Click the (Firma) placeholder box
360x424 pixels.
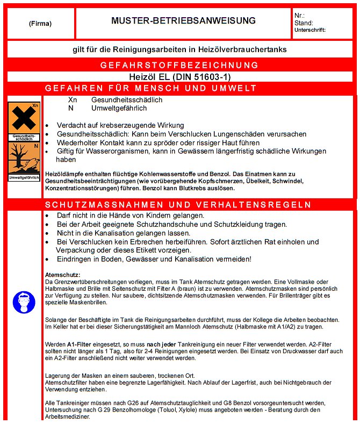pos(40,23)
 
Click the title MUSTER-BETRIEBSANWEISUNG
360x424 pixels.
pos(183,21)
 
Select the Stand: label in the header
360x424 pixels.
pos(304,23)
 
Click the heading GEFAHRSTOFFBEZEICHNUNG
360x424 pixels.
pos(179,66)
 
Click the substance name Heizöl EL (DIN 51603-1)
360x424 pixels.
pos(179,76)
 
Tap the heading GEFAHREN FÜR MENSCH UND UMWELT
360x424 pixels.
pos(151,88)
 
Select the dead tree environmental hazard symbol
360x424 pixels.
pos(24,158)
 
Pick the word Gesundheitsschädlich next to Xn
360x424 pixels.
pos(127,100)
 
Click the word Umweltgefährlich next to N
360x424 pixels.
pos(119,108)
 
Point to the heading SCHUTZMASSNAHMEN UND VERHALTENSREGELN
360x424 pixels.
pos(178,205)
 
